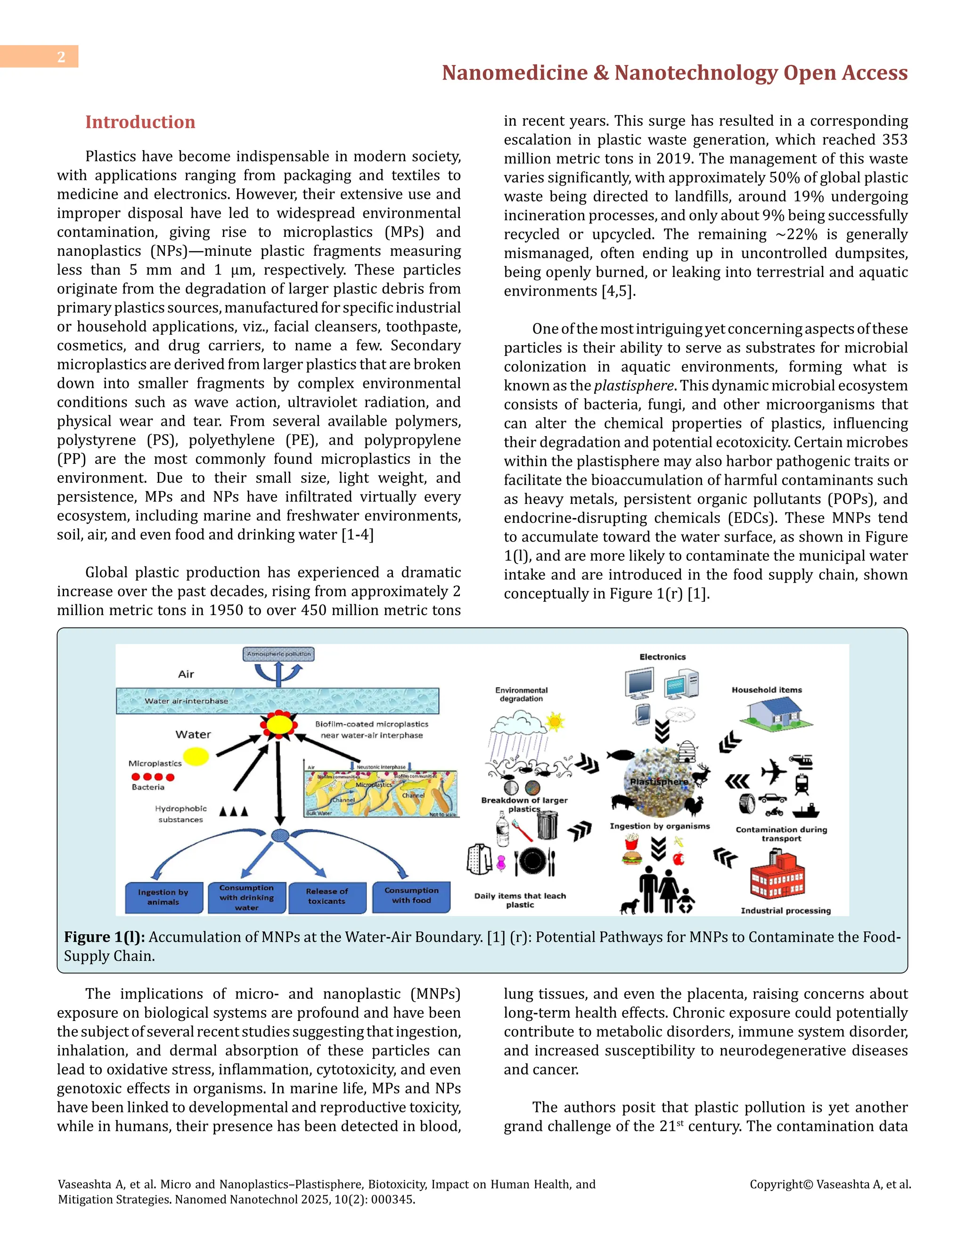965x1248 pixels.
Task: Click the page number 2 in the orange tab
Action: (x=61, y=57)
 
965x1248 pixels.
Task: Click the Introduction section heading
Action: (x=140, y=122)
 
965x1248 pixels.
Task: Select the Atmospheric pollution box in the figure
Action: (x=278, y=654)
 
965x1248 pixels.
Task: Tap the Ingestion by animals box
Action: (x=164, y=897)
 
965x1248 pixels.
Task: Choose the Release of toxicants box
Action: (x=327, y=896)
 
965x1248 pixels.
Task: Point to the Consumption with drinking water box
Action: (x=246, y=897)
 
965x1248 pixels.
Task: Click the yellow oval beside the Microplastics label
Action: (x=196, y=757)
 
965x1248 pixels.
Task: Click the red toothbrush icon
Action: (x=522, y=831)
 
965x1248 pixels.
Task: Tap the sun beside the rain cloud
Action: (x=555, y=721)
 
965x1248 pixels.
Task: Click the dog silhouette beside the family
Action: (x=630, y=906)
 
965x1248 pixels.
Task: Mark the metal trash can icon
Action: (x=547, y=825)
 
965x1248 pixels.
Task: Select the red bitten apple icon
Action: (x=679, y=858)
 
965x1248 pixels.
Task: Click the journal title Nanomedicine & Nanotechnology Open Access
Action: (x=675, y=73)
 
